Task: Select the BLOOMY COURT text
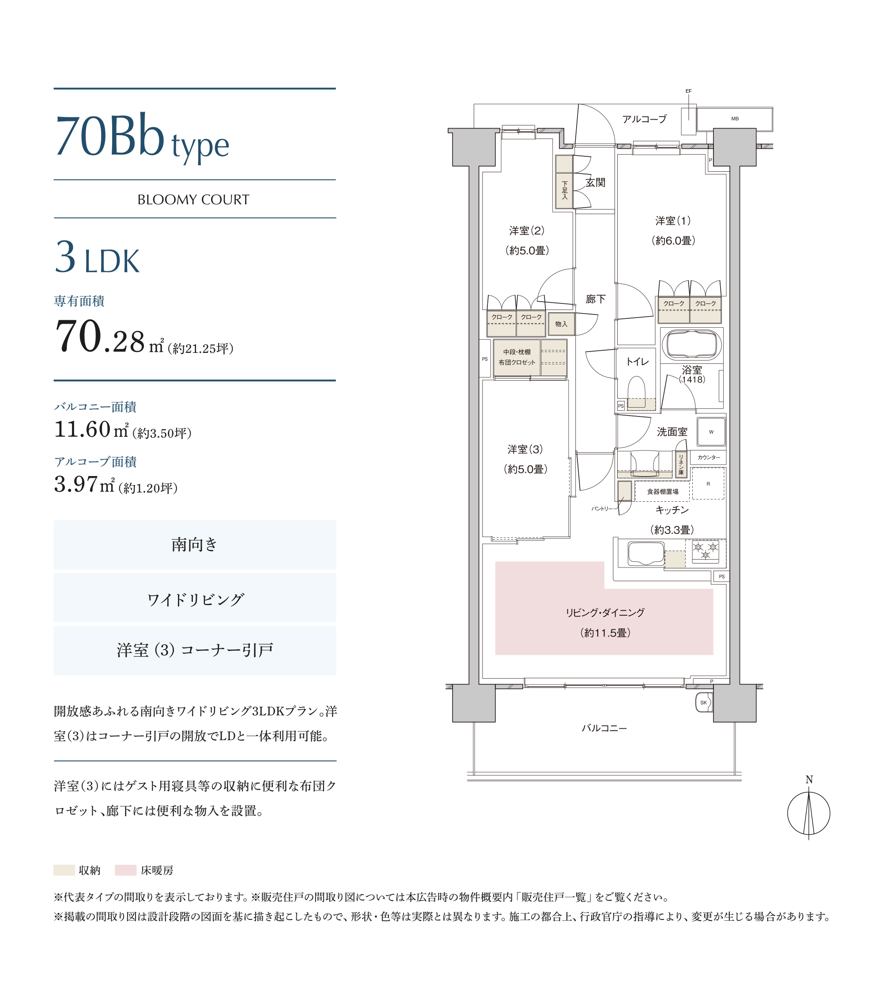(x=193, y=200)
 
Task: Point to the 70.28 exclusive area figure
(x=100, y=337)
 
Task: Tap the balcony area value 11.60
(x=83, y=429)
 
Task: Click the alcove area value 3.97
(x=75, y=484)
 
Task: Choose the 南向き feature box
(x=195, y=545)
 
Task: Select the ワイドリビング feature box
(x=195, y=598)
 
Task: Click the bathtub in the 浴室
(x=691, y=345)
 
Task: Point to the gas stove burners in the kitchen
(x=706, y=551)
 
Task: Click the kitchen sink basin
(x=646, y=554)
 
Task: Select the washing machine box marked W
(x=711, y=431)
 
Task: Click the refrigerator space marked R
(x=708, y=484)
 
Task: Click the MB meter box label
(x=735, y=118)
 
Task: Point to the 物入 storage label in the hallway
(x=561, y=324)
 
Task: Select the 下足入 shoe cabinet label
(x=564, y=190)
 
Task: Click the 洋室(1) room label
(x=673, y=221)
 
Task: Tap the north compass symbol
(x=809, y=813)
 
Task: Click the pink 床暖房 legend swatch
(x=125, y=870)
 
